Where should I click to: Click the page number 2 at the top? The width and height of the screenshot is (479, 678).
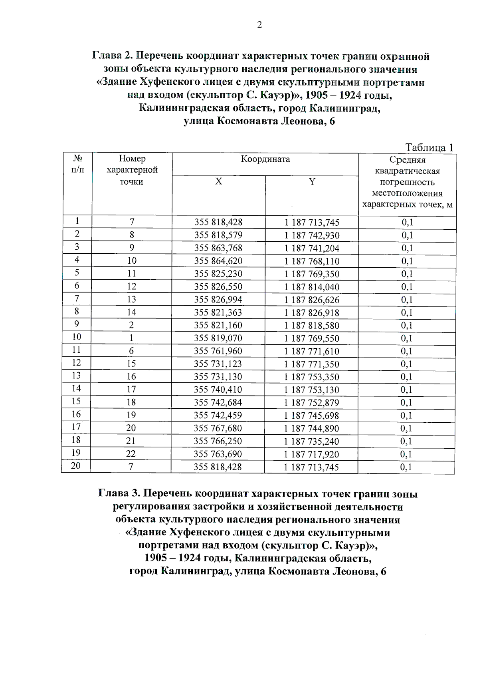[x=259, y=25]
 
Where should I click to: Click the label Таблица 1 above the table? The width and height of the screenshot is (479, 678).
[x=430, y=147]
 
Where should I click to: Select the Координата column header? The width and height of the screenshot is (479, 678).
[x=265, y=159]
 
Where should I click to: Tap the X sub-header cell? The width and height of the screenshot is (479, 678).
[x=218, y=181]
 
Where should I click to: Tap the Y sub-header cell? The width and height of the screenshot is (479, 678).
[x=312, y=182]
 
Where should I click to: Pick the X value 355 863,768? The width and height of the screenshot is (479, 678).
[x=218, y=248]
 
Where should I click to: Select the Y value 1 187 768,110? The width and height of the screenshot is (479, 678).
[x=312, y=261]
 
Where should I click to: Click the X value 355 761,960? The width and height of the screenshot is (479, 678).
[x=218, y=351]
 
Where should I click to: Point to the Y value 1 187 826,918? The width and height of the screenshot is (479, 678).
[x=312, y=313]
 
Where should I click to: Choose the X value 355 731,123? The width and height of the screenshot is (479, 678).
[x=218, y=364]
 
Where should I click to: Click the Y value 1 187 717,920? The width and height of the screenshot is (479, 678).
[x=311, y=454]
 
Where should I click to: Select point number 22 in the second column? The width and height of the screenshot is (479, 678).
[x=131, y=454]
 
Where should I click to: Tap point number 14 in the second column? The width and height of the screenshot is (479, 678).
[x=131, y=312]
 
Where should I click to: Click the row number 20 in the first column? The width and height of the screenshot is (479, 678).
[x=75, y=465]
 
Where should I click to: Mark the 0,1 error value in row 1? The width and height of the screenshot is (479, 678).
[x=407, y=223]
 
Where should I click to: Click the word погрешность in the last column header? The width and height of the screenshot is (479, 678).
[x=407, y=182]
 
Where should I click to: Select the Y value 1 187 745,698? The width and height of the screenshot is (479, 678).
[x=311, y=416]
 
